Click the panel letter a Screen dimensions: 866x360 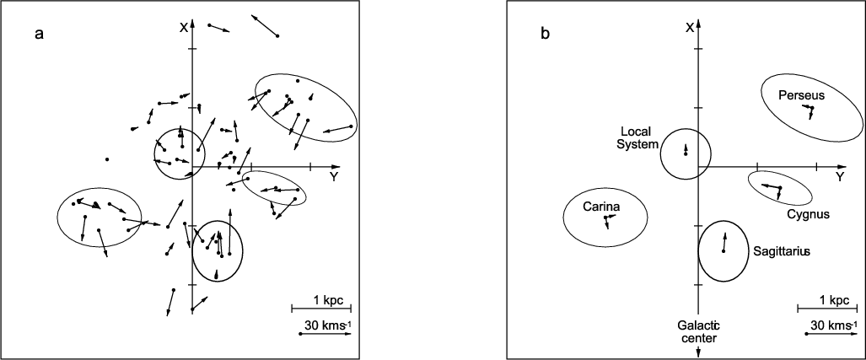(39, 35)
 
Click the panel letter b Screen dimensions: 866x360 (545, 35)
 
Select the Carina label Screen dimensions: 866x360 (601, 207)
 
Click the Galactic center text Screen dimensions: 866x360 (699, 331)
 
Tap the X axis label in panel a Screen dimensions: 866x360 (183, 28)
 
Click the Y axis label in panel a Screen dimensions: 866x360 (333, 176)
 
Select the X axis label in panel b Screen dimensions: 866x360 (690, 28)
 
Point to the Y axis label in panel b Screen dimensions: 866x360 (840, 176)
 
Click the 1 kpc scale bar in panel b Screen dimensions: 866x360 (826, 308)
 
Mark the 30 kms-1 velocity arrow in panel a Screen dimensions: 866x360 (325, 334)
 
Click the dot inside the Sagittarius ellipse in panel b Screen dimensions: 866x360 (723, 251)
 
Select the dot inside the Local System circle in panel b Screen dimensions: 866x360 (686, 154)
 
